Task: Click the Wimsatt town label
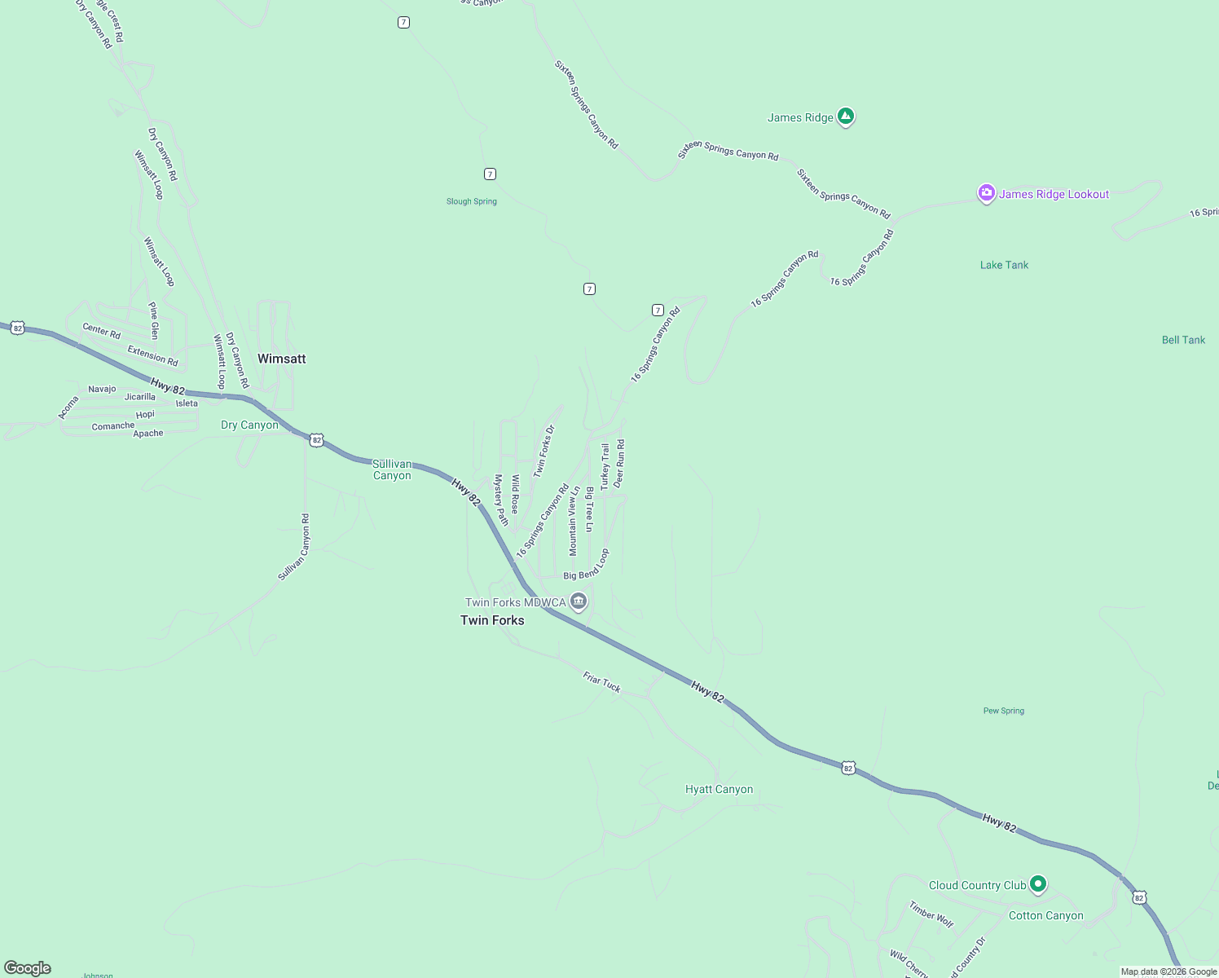pyautogui.click(x=281, y=359)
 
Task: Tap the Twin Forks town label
pyautogui.click(x=492, y=620)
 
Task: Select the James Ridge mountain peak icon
pyautogui.click(x=846, y=117)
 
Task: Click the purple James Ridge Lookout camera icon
pyautogui.click(x=987, y=194)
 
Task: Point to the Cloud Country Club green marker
pyautogui.click(x=1037, y=883)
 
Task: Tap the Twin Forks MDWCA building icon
pyautogui.click(x=579, y=602)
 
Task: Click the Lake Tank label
pyautogui.click(x=1004, y=265)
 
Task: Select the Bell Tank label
pyautogui.click(x=1183, y=340)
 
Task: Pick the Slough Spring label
pyautogui.click(x=471, y=201)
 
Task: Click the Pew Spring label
pyautogui.click(x=1003, y=711)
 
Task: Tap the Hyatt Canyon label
pyautogui.click(x=719, y=789)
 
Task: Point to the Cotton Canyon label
pyautogui.click(x=1045, y=915)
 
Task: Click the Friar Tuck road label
pyautogui.click(x=601, y=682)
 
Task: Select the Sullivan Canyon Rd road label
pyautogui.click(x=293, y=547)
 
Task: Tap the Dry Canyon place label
pyautogui.click(x=249, y=425)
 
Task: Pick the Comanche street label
pyautogui.click(x=113, y=426)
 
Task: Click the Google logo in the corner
pyautogui.click(x=28, y=968)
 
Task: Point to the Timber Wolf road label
pyautogui.click(x=931, y=914)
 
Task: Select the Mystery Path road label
pyautogui.click(x=501, y=500)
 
